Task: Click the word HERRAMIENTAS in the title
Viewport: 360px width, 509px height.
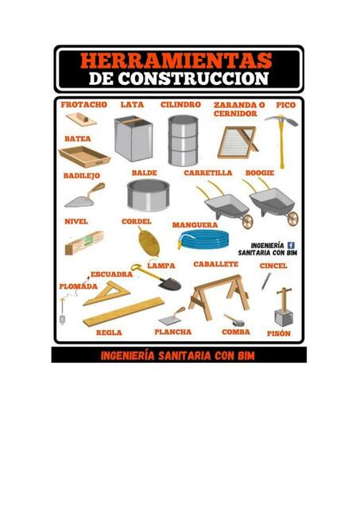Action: point(176,60)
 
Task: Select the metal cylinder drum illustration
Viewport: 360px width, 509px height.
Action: point(182,140)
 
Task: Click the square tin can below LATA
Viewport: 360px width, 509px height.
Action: point(132,138)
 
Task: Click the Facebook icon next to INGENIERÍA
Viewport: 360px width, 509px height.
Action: point(290,245)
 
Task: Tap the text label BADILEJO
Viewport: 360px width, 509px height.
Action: point(81,175)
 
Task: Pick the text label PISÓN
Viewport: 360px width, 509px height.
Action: point(278,334)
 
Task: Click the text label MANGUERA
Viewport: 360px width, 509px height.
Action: point(195,224)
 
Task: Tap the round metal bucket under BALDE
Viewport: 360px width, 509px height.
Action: point(147,195)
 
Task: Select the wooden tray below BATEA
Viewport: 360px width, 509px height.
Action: point(83,154)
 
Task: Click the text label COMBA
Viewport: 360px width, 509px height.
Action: point(236,332)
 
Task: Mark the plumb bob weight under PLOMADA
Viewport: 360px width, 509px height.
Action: point(62,317)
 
